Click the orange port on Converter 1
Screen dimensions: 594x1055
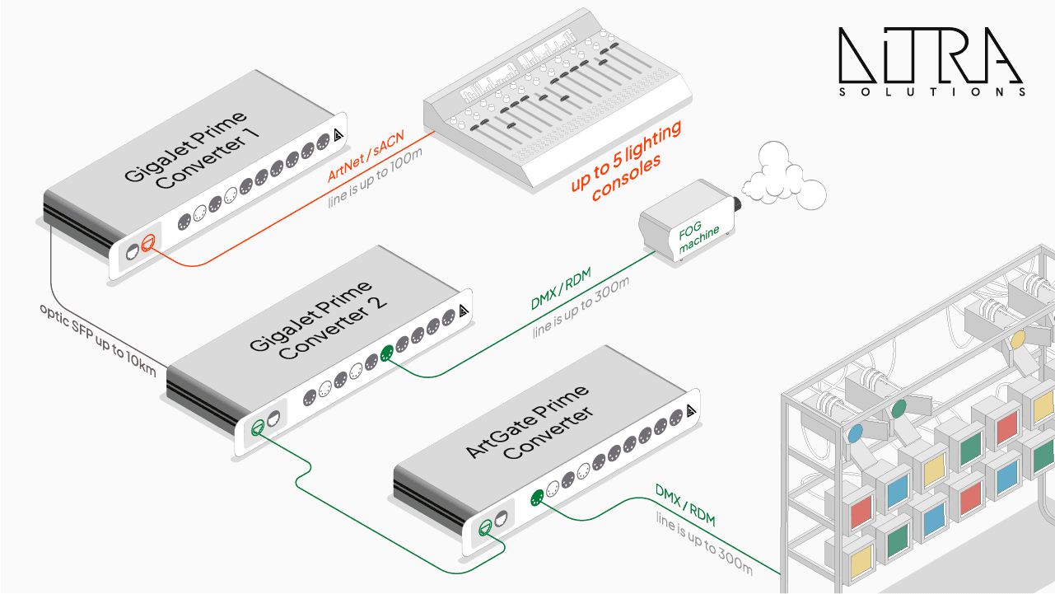click(x=147, y=242)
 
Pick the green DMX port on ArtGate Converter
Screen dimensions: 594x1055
click(x=536, y=498)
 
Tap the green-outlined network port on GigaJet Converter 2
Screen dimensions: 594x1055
click(x=258, y=426)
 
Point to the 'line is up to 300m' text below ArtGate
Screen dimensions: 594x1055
click(x=705, y=544)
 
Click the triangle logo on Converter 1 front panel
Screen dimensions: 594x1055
click(x=338, y=137)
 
